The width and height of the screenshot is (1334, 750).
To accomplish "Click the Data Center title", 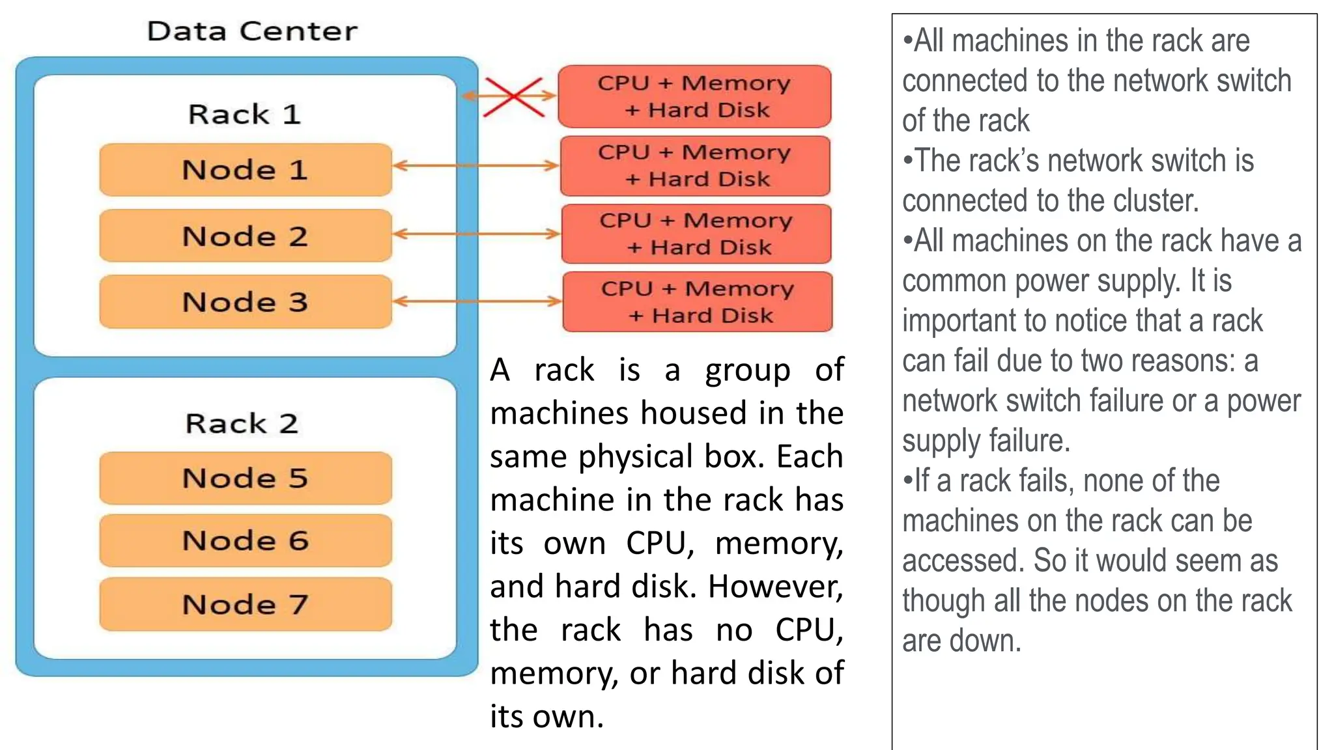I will pyautogui.click(x=252, y=31).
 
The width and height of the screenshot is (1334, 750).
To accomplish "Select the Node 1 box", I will pyautogui.click(x=246, y=170).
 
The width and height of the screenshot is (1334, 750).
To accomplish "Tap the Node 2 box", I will pyautogui.click(x=246, y=236).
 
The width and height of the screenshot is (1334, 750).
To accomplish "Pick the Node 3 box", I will pyautogui.click(x=246, y=301).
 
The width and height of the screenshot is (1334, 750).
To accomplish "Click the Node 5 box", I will pyautogui.click(x=246, y=478).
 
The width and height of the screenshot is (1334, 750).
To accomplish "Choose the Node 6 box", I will pyautogui.click(x=246, y=540).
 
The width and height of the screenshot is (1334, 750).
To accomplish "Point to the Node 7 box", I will pyautogui.click(x=246, y=604).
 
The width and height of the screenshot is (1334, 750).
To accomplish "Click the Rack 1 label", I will pyautogui.click(x=244, y=115).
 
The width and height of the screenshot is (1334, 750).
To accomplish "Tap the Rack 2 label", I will pyautogui.click(x=242, y=423).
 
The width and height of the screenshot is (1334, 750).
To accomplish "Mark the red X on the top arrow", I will pyautogui.click(x=514, y=97).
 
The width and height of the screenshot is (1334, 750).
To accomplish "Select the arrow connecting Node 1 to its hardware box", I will pyautogui.click(x=475, y=165).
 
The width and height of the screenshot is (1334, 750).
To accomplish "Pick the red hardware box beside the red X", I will pyautogui.click(x=694, y=96).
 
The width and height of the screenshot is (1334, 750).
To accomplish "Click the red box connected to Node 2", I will pyautogui.click(x=696, y=234).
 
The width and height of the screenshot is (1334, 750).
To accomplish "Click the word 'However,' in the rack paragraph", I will pyautogui.click(x=775, y=586).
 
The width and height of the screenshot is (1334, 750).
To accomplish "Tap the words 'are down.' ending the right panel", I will pyautogui.click(x=961, y=641).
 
